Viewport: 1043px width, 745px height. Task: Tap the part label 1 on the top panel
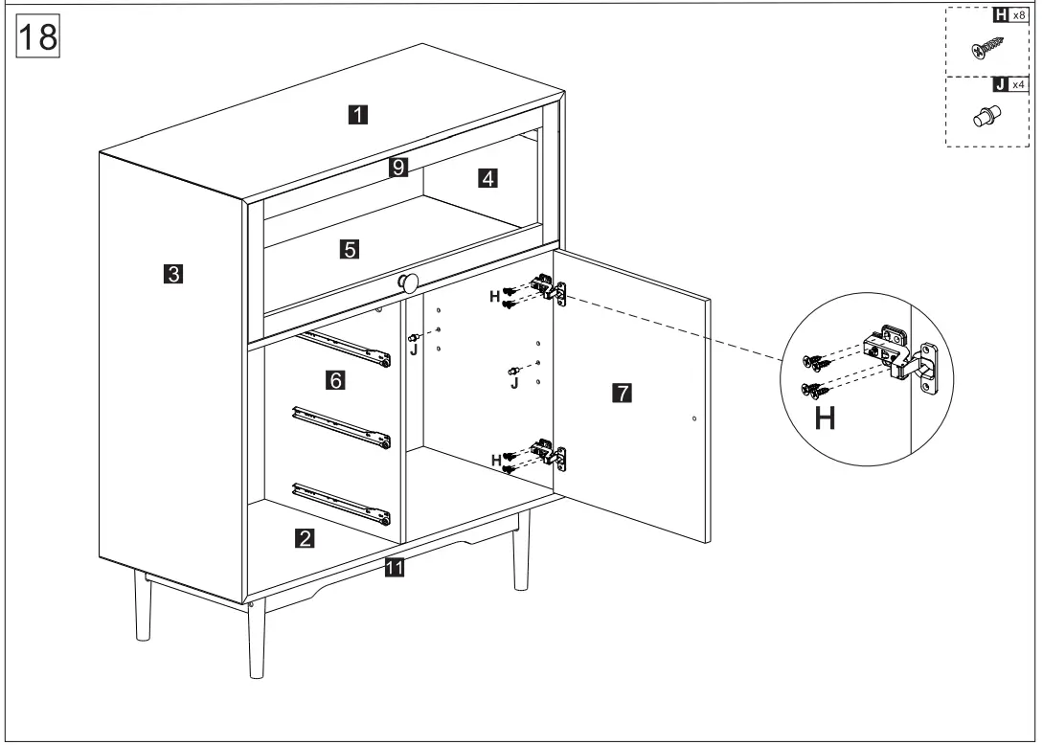[x=355, y=115]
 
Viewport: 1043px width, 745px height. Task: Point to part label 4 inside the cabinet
[x=487, y=178]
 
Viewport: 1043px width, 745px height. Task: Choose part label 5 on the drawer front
[x=350, y=250]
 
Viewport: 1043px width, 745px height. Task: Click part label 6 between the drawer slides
[x=334, y=380]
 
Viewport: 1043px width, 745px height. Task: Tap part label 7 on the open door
[x=621, y=392]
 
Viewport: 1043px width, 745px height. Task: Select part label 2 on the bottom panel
[x=304, y=537]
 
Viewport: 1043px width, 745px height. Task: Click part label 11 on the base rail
[x=393, y=568]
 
